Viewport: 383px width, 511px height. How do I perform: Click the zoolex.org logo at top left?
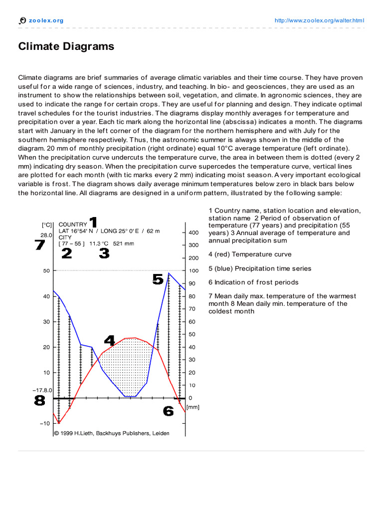(41, 20)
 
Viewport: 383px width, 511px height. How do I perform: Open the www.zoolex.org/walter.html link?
(320, 20)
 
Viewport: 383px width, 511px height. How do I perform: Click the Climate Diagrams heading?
(66, 47)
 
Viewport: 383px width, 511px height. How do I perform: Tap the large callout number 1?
(93, 222)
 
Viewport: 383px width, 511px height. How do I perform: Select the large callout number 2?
(66, 254)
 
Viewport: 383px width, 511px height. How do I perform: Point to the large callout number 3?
(104, 254)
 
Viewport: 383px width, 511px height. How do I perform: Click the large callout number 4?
(110, 340)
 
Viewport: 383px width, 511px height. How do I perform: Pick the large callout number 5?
(158, 279)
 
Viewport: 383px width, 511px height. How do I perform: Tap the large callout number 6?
(169, 411)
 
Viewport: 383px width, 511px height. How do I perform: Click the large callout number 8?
(39, 400)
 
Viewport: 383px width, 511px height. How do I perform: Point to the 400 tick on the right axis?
(193, 233)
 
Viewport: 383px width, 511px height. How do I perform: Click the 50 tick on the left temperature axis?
(46, 271)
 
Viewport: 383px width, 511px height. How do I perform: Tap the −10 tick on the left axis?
(45, 423)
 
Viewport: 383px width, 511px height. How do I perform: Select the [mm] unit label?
(192, 407)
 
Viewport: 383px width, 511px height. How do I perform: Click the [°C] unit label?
(47, 225)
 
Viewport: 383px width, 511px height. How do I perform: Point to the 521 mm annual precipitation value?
(123, 244)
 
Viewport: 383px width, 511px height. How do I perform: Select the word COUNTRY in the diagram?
(73, 225)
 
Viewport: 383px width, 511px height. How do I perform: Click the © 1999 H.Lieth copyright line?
(111, 433)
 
